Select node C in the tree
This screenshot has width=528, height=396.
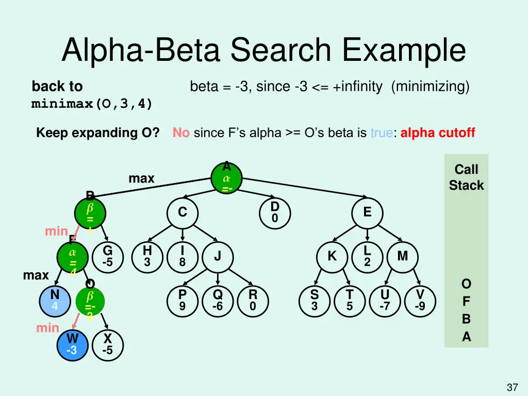[x=183, y=212]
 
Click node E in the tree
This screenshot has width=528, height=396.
[x=367, y=212]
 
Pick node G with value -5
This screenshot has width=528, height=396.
[x=107, y=256]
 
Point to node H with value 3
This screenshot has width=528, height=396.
[x=147, y=256]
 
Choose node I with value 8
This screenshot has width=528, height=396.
[x=182, y=256]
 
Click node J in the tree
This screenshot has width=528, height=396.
[x=218, y=256]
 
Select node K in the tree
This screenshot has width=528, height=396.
[x=332, y=256]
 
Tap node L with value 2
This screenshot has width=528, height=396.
[x=367, y=256]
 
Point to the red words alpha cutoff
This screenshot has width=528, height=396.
[x=437, y=133]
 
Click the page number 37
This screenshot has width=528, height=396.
[x=512, y=387]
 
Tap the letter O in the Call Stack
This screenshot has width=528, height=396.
[x=466, y=284]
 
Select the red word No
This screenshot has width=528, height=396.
[x=181, y=133]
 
